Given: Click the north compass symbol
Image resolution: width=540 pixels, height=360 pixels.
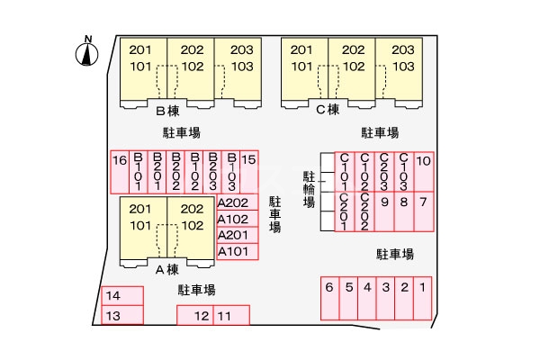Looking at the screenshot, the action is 86,51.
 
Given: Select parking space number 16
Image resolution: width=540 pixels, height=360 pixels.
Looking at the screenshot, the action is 120,172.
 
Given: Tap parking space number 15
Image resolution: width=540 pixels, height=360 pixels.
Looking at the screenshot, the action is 249,172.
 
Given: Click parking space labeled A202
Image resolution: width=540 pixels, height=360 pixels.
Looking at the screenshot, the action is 238,202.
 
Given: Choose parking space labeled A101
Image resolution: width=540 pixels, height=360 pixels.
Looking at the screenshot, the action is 238,251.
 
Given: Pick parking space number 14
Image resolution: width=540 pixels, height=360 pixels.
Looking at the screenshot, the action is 122,296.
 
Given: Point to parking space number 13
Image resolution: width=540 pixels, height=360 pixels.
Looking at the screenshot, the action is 122,315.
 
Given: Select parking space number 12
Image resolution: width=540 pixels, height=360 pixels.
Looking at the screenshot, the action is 195,315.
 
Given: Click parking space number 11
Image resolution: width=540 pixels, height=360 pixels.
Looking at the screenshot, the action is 231,315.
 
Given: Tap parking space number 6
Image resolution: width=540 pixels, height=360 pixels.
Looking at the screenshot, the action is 330,298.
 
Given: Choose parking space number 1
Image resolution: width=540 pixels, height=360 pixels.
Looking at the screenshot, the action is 423,298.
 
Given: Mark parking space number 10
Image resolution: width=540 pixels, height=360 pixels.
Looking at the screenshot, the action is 424,172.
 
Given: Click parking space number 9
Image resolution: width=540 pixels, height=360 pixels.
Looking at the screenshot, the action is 384,211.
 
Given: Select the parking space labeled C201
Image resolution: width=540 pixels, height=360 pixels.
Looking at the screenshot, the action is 345,211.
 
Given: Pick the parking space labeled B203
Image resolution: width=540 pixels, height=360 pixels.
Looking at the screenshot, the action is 212,172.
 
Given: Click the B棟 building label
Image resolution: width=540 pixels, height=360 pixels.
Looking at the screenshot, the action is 167,111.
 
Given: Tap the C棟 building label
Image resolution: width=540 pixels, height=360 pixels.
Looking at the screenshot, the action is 328,110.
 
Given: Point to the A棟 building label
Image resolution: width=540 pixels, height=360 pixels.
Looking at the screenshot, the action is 167,269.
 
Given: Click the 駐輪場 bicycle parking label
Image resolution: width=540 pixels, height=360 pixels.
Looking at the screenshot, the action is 309,190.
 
